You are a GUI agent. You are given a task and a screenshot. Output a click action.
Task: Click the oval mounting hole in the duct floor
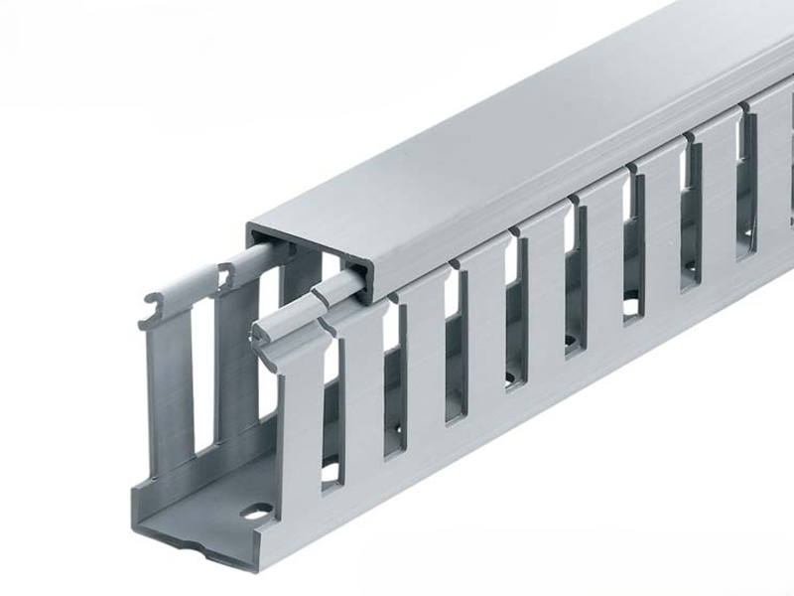[x=256, y=513]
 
